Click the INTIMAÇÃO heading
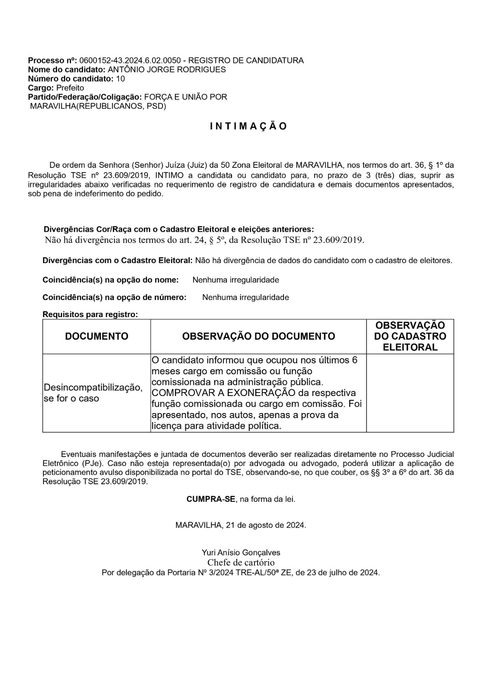pyautogui.click(x=249, y=126)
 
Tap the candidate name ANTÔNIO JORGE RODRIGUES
pyautogui.click(x=166, y=69)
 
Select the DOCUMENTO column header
pyautogui.click(x=97, y=336)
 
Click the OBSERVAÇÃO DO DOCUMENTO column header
pyautogui.click(x=258, y=336)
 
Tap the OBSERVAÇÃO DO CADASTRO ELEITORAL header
pyautogui.click(x=410, y=336)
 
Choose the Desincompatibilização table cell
pyautogui.click(x=93, y=393)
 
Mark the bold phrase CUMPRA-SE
pyautogui.click(x=211, y=499)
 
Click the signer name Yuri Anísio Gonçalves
pyautogui.click(x=241, y=553)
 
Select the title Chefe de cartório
pyautogui.click(x=241, y=563)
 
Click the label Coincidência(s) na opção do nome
pyautogui.click(x=110, y=280)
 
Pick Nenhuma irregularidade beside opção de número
pyautogui.click(x=246, y=298)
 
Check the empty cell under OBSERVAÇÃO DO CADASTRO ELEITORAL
pyautogui.click(x=410, y=393)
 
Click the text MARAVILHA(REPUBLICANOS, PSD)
pyautogui.click(x=98, y=106)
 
